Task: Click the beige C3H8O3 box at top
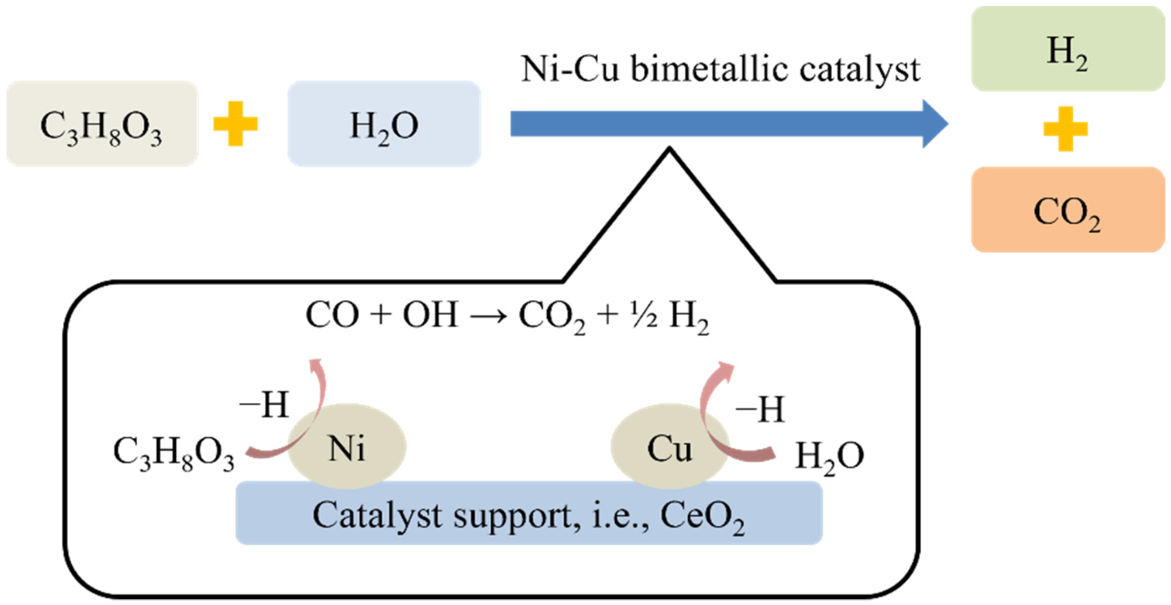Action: pos(102,124)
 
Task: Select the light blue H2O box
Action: pos(384,124)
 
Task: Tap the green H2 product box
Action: pos(1067,49)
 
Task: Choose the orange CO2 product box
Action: pos(1067,210)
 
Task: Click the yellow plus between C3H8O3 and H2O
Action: pos(235,124)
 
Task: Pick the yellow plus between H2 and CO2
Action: pos(1065,129)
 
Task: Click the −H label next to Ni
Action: pos(264,405)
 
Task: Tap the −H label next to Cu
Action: pos(760,409)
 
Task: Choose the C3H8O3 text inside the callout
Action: pos(173,453)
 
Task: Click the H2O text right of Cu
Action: pos(829,456)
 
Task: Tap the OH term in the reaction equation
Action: pos(430,314)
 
